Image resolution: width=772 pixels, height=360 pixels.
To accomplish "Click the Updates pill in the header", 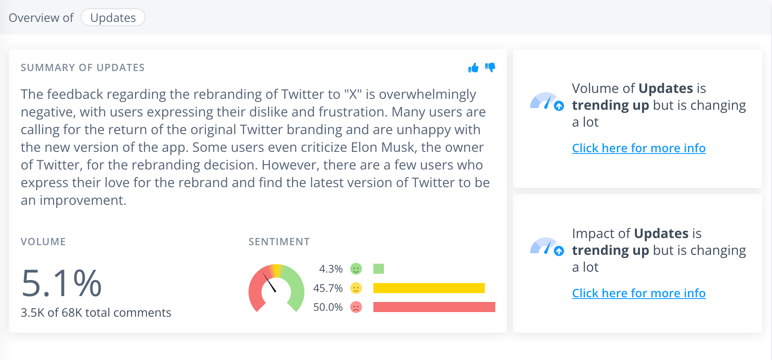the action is tap(113, 18).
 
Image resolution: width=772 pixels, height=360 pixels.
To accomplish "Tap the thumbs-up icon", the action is tap(473, 68).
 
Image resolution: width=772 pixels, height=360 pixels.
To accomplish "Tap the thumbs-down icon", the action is tap(490, 67).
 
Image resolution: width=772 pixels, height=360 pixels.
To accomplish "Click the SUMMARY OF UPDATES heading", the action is tap(82, 68).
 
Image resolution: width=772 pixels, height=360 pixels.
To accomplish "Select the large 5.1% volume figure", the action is tap(61, 283).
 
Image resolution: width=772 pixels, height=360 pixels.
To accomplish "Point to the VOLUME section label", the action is tap(43, 242).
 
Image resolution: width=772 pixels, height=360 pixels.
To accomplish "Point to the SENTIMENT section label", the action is tap(279, 242).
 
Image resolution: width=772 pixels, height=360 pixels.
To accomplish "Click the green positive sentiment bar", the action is tap(378, 269).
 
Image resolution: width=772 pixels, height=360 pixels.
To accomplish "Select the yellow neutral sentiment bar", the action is tap(429, 288).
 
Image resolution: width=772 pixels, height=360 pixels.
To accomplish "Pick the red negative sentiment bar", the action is tap(434, 307).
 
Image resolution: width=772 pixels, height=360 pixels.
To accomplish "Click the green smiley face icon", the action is tap(356, 269).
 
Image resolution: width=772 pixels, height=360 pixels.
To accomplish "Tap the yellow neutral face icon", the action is tap(356, 288).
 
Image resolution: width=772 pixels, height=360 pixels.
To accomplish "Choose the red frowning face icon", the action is tap(356, 307).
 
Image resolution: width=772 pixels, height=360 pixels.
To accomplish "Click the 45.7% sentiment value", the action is tap(328, 288).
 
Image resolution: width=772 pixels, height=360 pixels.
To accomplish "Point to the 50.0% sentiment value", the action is tap(328, 307).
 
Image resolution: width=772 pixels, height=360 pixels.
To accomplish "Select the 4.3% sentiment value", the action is tap(331, 269).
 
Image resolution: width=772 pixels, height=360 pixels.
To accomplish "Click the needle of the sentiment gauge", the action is tap(269, 282).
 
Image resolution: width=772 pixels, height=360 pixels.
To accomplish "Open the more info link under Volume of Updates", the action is tap(639, 148).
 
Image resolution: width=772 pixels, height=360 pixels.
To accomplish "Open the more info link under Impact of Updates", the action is tap(639, 293).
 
